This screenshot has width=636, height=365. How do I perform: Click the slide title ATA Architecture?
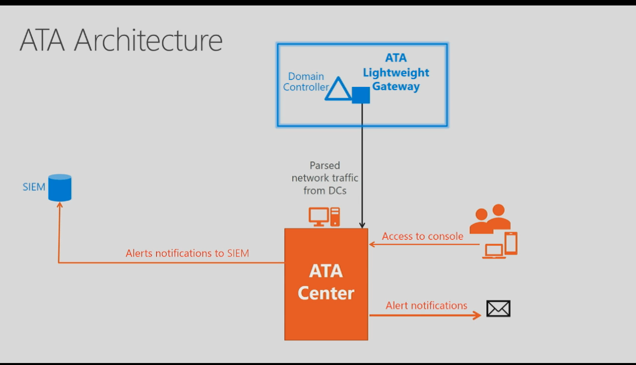click(121, 41)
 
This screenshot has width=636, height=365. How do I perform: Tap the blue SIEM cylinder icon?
click(60, 187)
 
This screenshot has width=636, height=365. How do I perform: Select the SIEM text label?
click(34, 187)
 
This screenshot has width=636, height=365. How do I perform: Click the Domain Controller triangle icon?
click(338, 89)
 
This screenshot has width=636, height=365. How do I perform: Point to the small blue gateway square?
click(361, 95)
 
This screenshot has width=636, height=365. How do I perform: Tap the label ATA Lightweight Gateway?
click(396, 73)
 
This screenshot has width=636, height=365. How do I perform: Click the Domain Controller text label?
click(306, 82)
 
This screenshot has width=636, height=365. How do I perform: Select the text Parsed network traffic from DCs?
click(325, 178)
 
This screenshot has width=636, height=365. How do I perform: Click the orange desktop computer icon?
click(324, 217)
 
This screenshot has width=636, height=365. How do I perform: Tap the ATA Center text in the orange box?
click(326, 282)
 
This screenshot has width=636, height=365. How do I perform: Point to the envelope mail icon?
click(498, 308)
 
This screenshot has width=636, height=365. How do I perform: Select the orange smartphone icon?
click(511, 243)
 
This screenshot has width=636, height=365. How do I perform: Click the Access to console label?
click(422, 236)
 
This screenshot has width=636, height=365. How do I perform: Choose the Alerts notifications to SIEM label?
click(187, 253)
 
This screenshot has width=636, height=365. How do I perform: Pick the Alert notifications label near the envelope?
click(426, 305)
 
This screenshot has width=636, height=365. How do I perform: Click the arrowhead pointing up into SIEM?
click(60, 205)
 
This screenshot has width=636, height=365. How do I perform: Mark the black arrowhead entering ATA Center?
click(362, 225)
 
